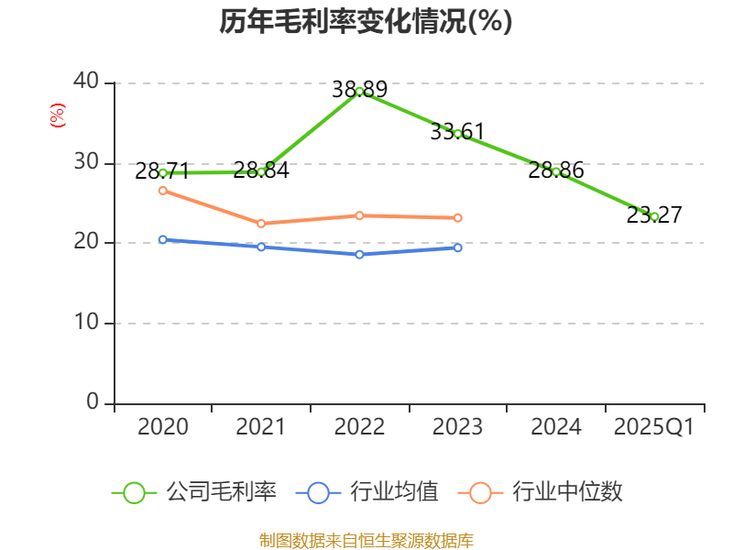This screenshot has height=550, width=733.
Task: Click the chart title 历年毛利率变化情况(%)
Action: pyautogui.click(x=366, y=21)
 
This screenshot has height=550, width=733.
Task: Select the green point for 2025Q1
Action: pyautogui.click(x=654, y=216)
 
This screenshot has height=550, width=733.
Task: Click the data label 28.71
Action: pyautogui.click(x=161, y=171)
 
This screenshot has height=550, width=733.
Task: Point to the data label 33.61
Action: pyautogui.click(x=457, y=132)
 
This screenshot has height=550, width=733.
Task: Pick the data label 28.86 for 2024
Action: pyautogui.click(x=556, y=171)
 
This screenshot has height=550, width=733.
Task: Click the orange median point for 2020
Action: pyautogui.click(x=163, y=191)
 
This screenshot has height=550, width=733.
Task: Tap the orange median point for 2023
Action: pyautogui.click(x=457, y=218)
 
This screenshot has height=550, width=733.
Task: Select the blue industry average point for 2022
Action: pyautogui.click(x=359, y=254)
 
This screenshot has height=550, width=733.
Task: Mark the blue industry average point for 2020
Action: pyautogui.click(x=163, y=239)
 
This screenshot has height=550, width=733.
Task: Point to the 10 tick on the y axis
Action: pyautogui.click(x=87, y=322)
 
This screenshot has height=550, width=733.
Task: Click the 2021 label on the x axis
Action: pyautogui.click(x=261, y=427)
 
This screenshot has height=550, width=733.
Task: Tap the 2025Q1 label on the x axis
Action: pyautogui.click(x=654, y=427)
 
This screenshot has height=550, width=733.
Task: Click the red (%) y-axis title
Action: pyautogui.click(x=58, y=115)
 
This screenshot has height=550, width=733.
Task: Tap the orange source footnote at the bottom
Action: pyautogui.click(x=366, y=540)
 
